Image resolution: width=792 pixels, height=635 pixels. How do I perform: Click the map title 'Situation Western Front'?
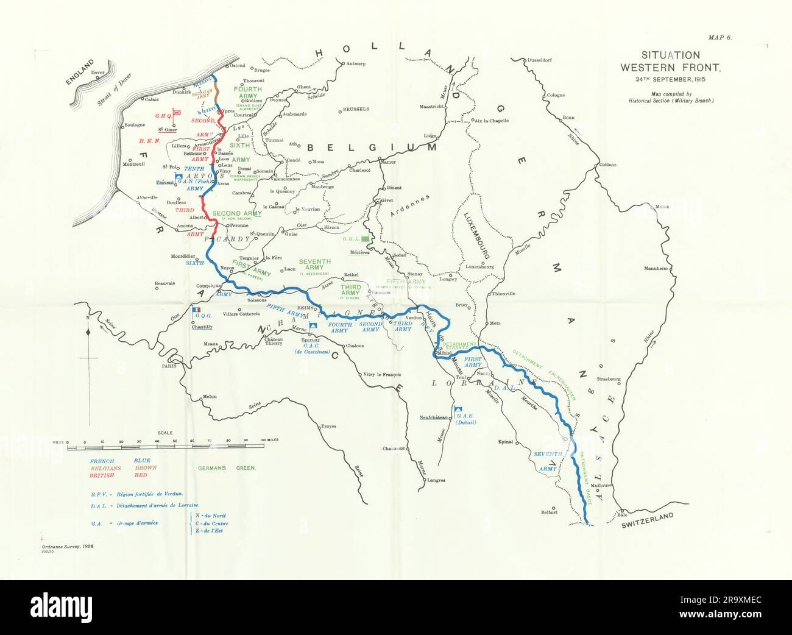(x=670, y=62)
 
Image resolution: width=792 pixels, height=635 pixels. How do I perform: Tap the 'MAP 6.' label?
(x=720, y=38)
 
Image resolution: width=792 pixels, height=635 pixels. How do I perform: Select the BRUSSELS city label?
(x=356, y=110)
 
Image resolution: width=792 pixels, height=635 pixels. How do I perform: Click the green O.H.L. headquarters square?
(x=366, y=240)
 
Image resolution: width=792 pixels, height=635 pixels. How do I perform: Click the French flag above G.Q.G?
(x=196, y=310)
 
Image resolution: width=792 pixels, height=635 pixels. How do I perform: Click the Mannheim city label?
(x=657, y=268)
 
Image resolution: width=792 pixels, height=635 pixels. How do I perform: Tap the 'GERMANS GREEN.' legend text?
(x=227, y=468)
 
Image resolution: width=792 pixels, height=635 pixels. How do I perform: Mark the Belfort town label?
(x=548, y=512)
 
